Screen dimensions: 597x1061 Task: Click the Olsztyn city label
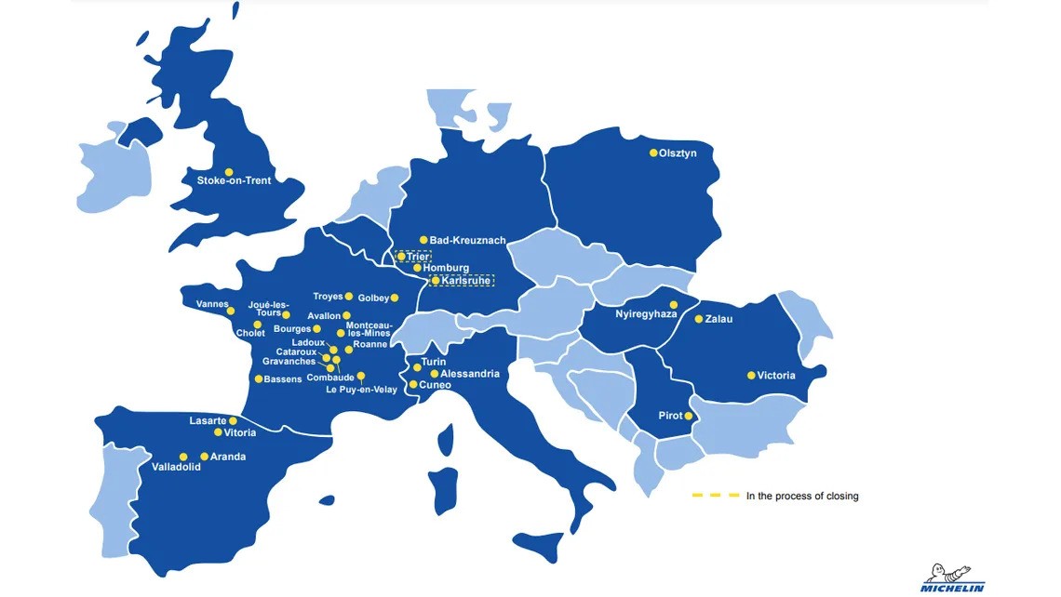tap(678, 153)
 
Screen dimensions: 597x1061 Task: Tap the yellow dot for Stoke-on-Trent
tap(229, 172)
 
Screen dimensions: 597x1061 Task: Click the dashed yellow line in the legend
tap(715, 496)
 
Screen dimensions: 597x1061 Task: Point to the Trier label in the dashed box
tap(418, 256)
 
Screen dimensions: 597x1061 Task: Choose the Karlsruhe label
tap(465, 280)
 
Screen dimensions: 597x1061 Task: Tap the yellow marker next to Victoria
tap(751, 376)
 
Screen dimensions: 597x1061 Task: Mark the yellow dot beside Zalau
tap(698, 319)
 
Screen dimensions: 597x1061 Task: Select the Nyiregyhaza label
tap(646, 314)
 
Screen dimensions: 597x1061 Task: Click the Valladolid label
tap(176, 468)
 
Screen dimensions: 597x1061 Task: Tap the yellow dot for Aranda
tap(204, 457)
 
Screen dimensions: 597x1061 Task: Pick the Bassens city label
tap(283, 379)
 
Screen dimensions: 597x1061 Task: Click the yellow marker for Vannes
tap(231, 311)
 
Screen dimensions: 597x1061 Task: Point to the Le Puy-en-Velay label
tap(361, 390)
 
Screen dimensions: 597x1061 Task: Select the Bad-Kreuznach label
tap(467, 240)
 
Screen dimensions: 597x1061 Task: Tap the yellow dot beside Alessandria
tap(434, 374)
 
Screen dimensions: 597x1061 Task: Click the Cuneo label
tap(436, 385)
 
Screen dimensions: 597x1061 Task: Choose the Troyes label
tap(328, 297)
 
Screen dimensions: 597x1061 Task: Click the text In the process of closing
tap(802, 497)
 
